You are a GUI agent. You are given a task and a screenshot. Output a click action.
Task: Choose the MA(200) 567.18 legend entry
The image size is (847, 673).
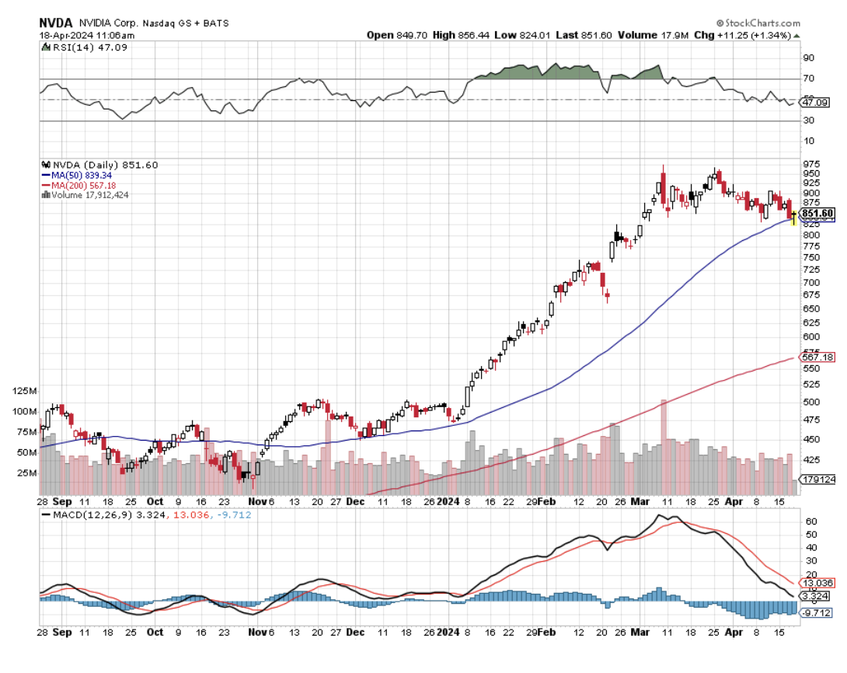(x=79, y=185)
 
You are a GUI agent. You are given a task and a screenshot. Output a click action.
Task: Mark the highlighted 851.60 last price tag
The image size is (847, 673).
(x=817, y=213)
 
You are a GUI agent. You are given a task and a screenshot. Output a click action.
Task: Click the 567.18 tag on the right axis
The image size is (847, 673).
(x=817, y=356)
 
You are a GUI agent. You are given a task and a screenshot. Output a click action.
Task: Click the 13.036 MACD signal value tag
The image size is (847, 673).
(x=818, y=582)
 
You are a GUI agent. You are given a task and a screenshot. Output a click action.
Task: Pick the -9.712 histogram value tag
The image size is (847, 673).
(x=818, y=612)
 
